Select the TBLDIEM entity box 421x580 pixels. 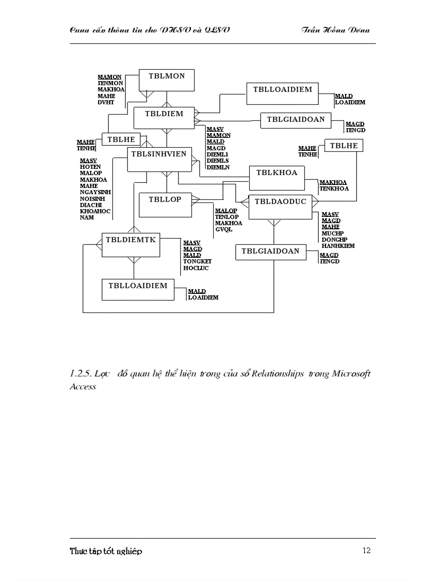click(164, 118)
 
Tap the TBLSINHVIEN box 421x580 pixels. click(159, 159)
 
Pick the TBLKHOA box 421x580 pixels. click(277, 177)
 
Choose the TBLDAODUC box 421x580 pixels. click(280, 206)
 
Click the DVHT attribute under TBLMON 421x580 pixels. click(105, 102)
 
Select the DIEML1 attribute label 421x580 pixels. click(217, 154)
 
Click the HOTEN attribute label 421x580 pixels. click(90, 167)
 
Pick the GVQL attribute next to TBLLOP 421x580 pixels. click(223, 229)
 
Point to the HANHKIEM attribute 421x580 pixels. click(338, 246)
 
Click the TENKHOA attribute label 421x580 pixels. click(334, 189)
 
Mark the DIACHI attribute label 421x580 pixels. click(90, 205)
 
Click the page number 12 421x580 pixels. click(366, 551)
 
